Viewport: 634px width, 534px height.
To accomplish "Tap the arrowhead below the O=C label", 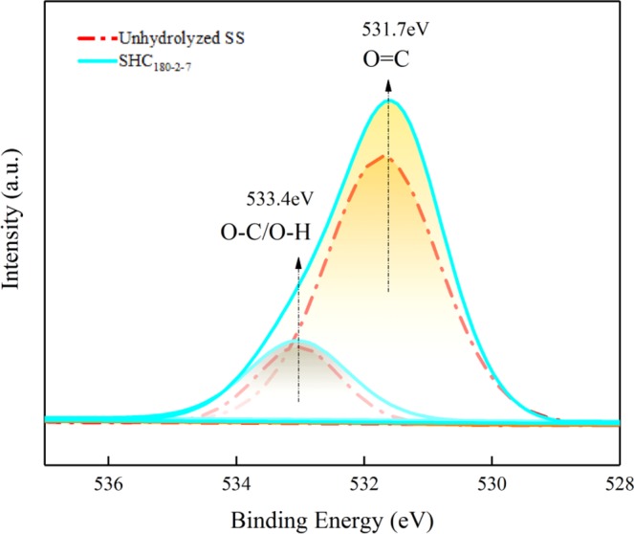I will tap(388, 85).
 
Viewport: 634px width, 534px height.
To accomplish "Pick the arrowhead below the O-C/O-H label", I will tap(298, 260).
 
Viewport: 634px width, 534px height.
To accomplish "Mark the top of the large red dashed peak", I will tap(387, 155).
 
